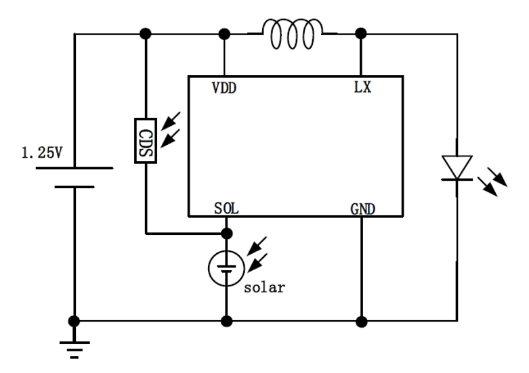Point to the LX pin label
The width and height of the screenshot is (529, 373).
point(362,89)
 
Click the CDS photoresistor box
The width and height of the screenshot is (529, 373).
point(146,140)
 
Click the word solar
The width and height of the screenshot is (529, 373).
point(265,286)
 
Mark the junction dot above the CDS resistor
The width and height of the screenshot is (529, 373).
point(145,33)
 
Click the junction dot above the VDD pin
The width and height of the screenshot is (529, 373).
point(224,33)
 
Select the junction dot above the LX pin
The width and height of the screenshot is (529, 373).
point(362,33)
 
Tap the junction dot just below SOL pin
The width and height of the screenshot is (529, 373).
point(227,234)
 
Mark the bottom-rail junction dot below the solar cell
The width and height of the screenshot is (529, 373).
point(227,320)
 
